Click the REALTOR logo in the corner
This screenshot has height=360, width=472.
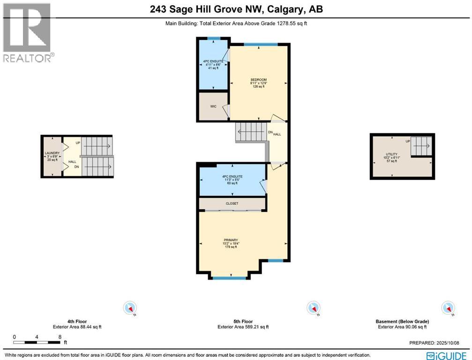click(27, 32)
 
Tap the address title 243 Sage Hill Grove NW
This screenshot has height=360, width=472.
click(236, 9)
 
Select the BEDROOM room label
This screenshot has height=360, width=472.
click(258, 80)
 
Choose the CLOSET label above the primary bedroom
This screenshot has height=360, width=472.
click(232, 203)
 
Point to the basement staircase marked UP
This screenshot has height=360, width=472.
click(421, 146)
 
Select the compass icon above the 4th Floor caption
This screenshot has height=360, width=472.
click(129, 308)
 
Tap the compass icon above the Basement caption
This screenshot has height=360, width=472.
click(448, 308)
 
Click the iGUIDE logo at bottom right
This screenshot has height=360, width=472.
click(445, 355)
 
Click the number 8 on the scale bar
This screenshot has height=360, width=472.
click(60, 337)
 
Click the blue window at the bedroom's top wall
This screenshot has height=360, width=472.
click(259, 45)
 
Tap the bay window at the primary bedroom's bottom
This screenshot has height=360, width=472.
click(229, 278)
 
